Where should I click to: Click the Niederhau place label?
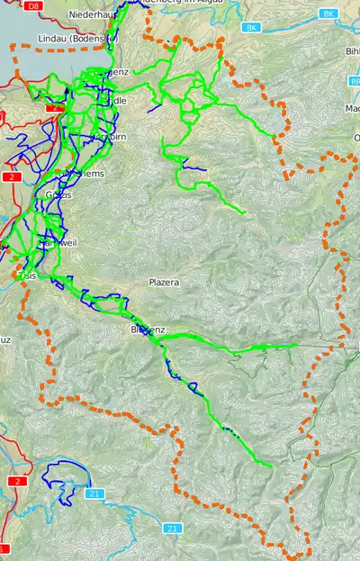90,15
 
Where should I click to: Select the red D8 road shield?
34,5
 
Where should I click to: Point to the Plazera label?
164,282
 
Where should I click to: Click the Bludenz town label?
148,330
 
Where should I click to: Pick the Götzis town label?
58,194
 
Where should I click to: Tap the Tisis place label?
25,276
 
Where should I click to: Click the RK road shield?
353,80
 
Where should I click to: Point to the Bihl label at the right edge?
351,51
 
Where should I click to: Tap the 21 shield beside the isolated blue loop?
94,493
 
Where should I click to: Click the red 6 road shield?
4,548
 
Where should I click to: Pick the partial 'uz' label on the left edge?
5,339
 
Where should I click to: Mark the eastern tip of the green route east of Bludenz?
297,344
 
